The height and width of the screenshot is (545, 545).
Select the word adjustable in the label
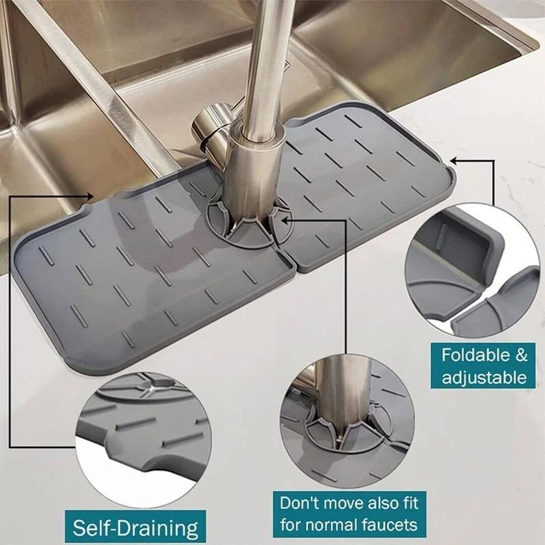(484, 377)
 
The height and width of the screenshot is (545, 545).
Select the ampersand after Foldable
(520, 354)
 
